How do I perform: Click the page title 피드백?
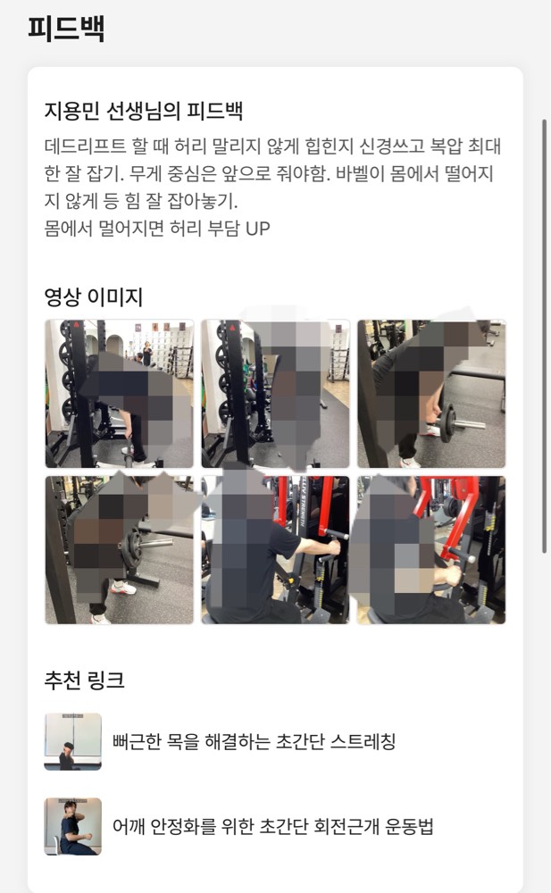[x=66, y=29]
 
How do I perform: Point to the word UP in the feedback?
[x=257, y=229]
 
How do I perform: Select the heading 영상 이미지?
[x=94, y=296]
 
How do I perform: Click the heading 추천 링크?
[x=84, y=680]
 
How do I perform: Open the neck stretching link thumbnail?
[x=73, y=741]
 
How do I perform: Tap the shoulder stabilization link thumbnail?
[x=73, y=826]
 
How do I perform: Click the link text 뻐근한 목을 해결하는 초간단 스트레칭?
[x=254, y=741]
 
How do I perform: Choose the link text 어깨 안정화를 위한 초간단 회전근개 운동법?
[x=273, y=826]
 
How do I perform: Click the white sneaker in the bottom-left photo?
[x=123, y=587]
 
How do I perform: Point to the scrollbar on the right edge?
[x=545, y=336]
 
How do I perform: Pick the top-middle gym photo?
[x=275, y=394]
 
